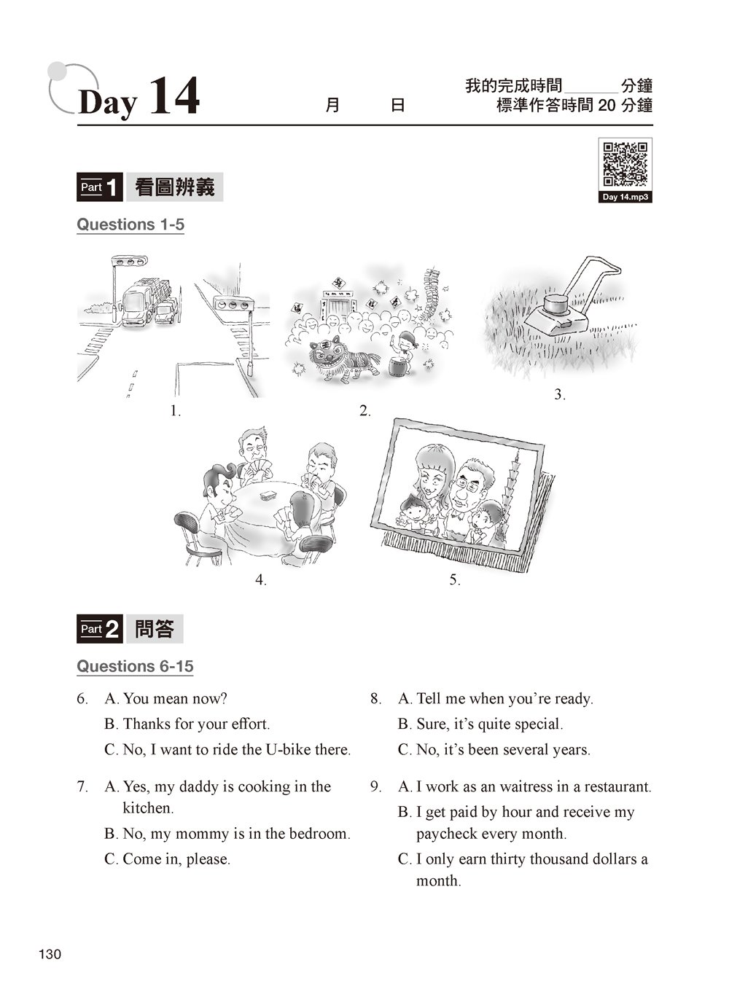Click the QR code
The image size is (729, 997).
tap(625, 164)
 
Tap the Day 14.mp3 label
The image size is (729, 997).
tap(625, 197)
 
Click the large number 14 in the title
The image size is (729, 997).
tap(174, 95)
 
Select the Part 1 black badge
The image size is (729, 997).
tap(99, 187)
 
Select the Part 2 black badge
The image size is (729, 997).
tap(99, 628)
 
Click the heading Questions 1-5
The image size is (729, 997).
tap(130, 224)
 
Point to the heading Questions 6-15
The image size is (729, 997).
tap(135, 666)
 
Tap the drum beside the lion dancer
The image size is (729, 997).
tap(398, 366)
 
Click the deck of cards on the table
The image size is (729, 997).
tap(268, 495)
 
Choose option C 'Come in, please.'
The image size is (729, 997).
tap(167, 859)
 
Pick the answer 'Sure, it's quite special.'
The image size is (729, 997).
tap(480, 724)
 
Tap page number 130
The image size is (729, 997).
tap(50, 954)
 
